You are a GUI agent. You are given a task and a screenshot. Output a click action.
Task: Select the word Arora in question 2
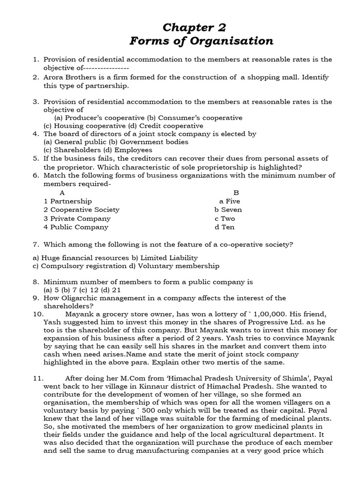(x=54, y=77)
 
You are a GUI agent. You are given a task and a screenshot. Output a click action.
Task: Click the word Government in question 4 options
(x=140, y=142)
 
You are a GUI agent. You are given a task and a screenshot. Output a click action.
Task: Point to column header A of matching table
(x=62, y=192)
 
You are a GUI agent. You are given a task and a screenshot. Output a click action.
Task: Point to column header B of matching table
(x=236, y=192)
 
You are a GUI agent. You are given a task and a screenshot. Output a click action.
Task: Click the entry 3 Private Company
(x=77, y=218)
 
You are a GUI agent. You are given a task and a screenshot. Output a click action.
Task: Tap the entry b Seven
(x=228, y=210)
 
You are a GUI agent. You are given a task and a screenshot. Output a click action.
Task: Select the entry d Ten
(x=225, y=227)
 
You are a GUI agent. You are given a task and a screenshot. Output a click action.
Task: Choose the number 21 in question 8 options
(x=117, y=290)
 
